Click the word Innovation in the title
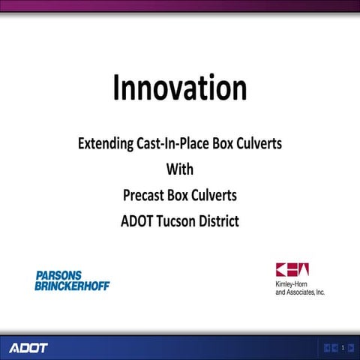[x=180, y=88]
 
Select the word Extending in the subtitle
[x=106, y=143]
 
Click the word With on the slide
[x=180, y=169]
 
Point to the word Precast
[x=144, y=195]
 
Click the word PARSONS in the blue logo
[x=58, y=276]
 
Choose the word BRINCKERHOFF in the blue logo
[x=73, y=286]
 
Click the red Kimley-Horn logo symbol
[x=292, y=270]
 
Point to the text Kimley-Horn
[x=292, y=284]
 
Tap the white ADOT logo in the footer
[x=28, y=348]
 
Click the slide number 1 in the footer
[x=342, y=348]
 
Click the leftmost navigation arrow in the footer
[x=327, y=348]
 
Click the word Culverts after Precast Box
[x=212, y=195]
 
